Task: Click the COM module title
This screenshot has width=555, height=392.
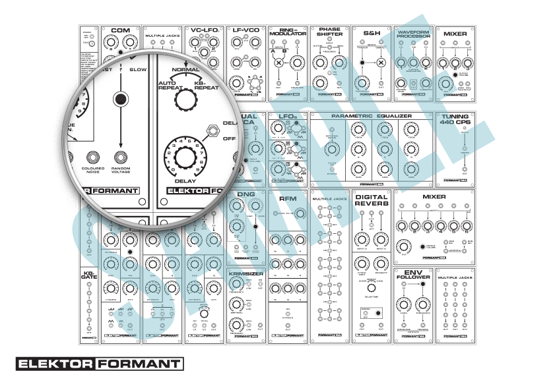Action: (120, 30)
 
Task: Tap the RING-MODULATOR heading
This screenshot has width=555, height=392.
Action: (288, 34)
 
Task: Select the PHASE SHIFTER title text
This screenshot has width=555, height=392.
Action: (330, 32)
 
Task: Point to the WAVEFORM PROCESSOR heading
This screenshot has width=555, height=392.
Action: (414, 34)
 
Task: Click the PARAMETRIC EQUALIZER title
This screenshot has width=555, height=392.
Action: (372, 115)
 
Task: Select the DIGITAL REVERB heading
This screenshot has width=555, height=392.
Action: (372, 200)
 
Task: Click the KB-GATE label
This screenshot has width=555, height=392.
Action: (89, 275)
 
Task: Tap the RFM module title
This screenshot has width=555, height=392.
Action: (288, 198)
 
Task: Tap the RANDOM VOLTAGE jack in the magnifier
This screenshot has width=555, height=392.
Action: (120, 157)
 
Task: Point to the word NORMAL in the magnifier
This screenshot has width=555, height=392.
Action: (185, 69)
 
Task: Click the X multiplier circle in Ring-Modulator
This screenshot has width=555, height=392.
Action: (278, 64)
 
